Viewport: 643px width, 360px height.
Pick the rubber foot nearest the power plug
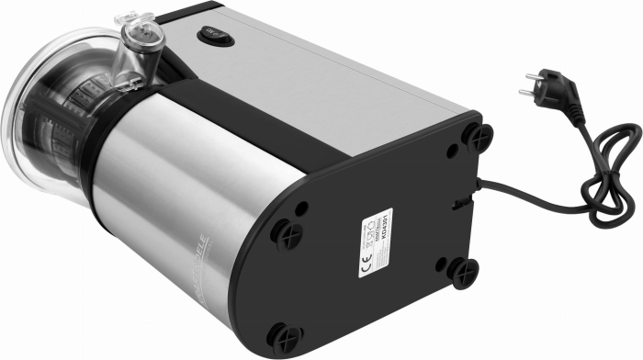477,137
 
